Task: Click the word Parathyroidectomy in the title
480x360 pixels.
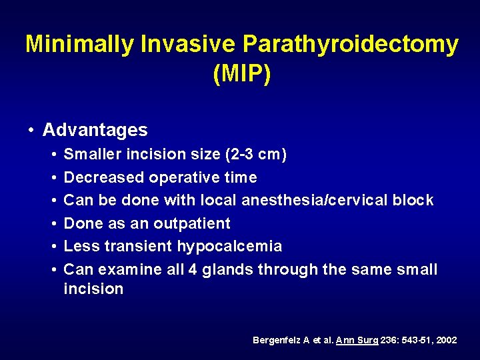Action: point(351,44)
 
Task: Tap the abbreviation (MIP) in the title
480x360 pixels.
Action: point(241,73)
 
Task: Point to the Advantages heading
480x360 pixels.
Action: point(95,129)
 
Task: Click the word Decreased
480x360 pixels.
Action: point(103,177)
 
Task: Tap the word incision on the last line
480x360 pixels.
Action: point(93,289)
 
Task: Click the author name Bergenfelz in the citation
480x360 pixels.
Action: point(277,340)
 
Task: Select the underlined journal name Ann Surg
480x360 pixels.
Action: point(359,340)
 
